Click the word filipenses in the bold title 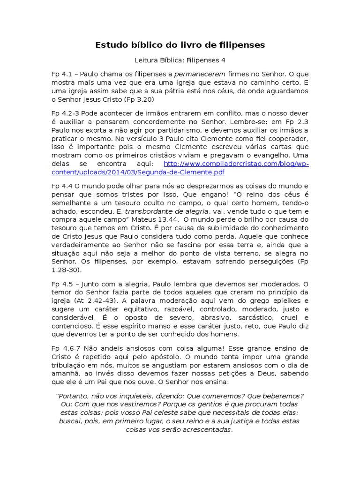point(242,45)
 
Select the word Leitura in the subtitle point(147,60)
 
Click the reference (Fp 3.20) point(139,100)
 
